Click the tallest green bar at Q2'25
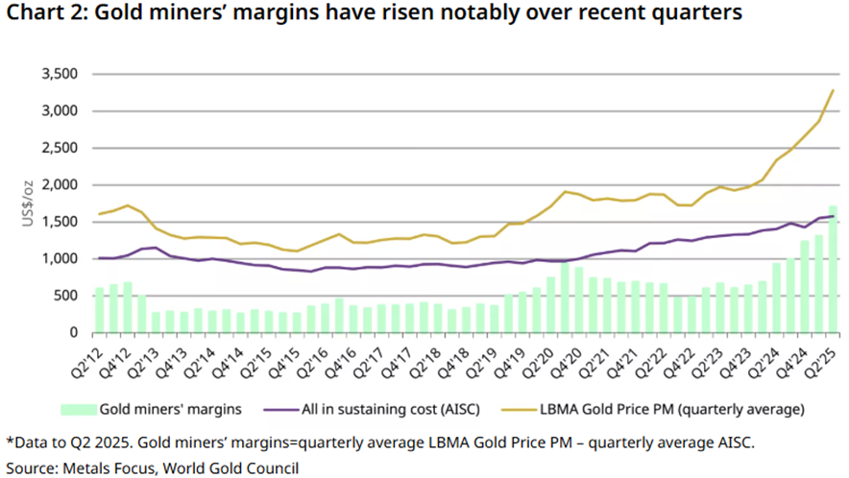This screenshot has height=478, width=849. click(833, 269)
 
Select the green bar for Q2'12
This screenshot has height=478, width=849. click(100, 310)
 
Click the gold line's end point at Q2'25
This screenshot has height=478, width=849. click(833, 90)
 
